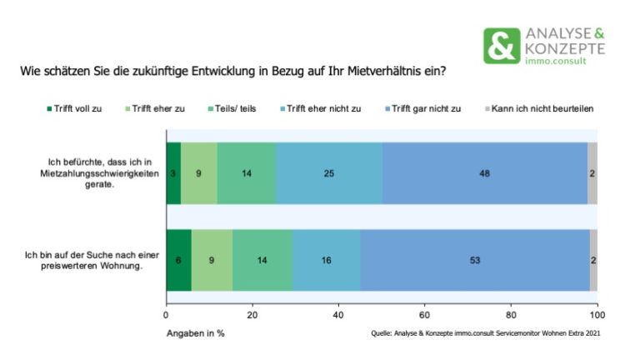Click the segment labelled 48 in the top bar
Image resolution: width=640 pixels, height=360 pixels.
coord(484,174)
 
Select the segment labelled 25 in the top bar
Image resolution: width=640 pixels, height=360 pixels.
coord(328,174)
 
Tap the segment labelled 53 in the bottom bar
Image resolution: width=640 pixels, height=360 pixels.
coord(475,260)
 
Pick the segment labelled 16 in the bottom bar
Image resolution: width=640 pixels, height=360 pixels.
coord(326,260)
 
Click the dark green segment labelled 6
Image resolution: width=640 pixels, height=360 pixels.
coord(178,260)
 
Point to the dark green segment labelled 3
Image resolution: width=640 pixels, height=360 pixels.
coord(173,174)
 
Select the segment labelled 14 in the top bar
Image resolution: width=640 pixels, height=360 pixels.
coord(247,174)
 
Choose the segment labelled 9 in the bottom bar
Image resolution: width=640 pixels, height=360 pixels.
coord(212,260)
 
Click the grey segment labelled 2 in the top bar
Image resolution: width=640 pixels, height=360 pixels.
coord(592,174)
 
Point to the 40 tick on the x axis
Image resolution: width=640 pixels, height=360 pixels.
coord(338,316)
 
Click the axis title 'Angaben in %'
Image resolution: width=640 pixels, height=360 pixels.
coord(195,333)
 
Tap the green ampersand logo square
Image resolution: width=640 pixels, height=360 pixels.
coord(501,47)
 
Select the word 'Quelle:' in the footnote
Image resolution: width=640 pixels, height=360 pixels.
coord(384,334)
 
